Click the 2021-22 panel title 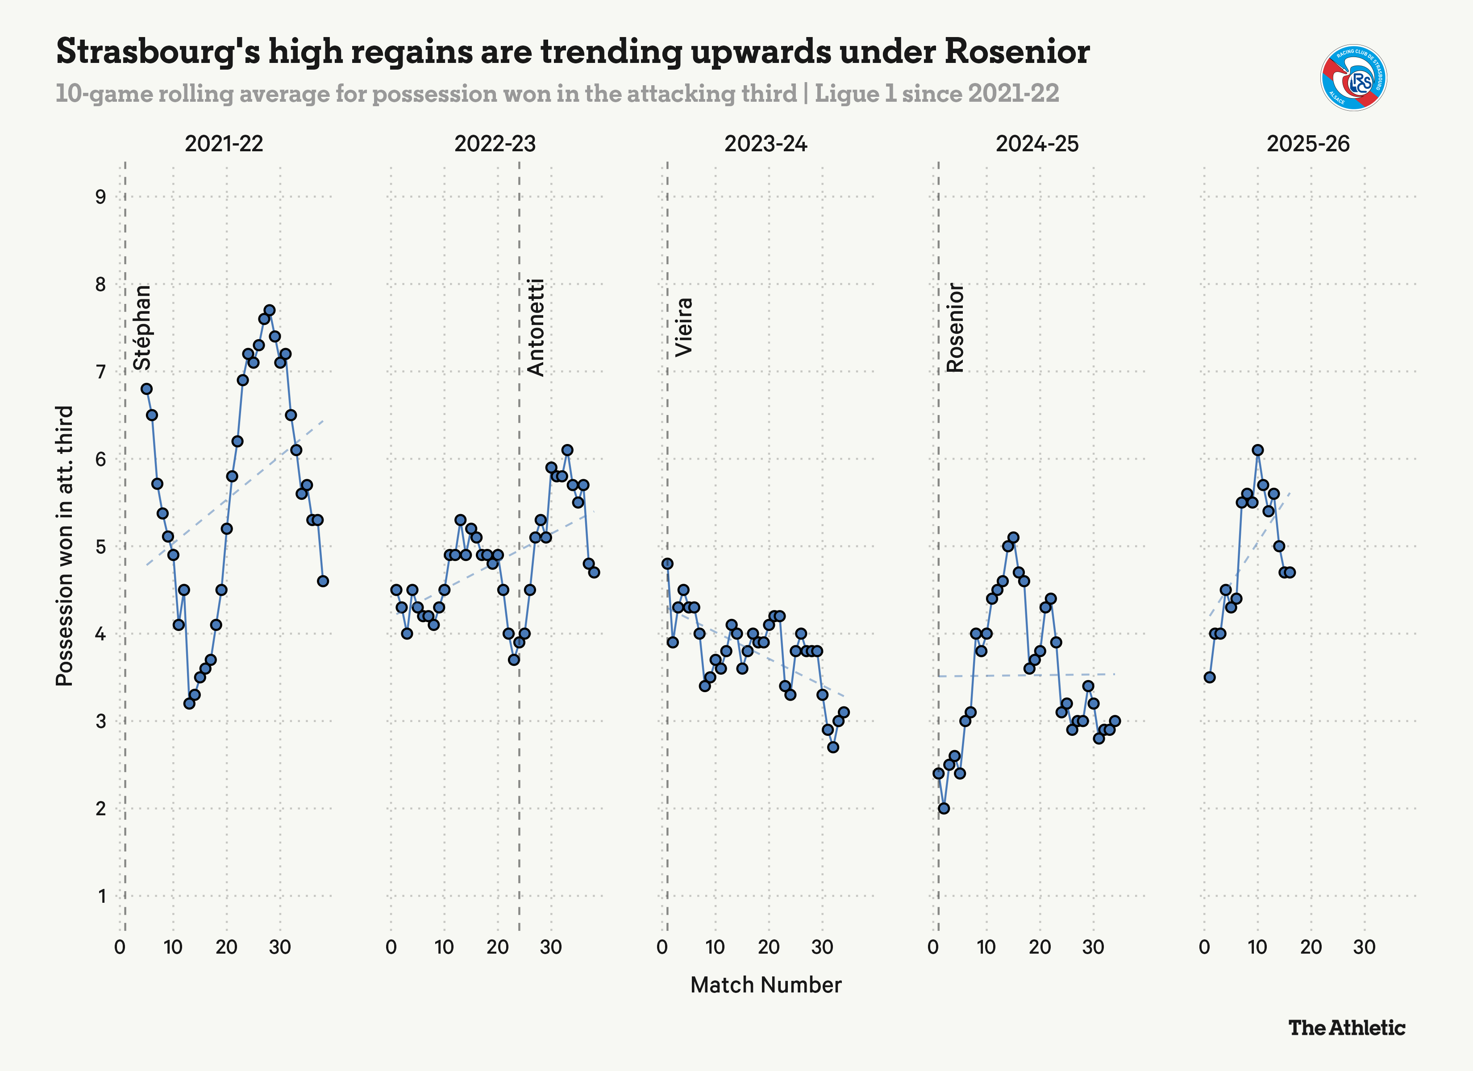tap(224, 144)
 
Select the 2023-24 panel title tap(766, 144)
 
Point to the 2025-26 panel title tap(1307, 144)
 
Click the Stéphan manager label tap(142, 328)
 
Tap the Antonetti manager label tap(536, 328)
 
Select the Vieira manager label tap(684, 328)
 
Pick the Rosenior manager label tap(955, 328)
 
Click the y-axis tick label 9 tap(101, 197)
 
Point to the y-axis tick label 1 tap(102, 896)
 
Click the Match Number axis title tap(766, 985)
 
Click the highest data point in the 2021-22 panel tap(270, 311)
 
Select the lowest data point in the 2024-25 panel tap(944, 809)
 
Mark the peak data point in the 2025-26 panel tap(1257, 450)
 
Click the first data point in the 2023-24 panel tap(667, 564)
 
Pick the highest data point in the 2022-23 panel tap(567, 450)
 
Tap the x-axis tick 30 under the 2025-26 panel tap(1364, 947)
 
